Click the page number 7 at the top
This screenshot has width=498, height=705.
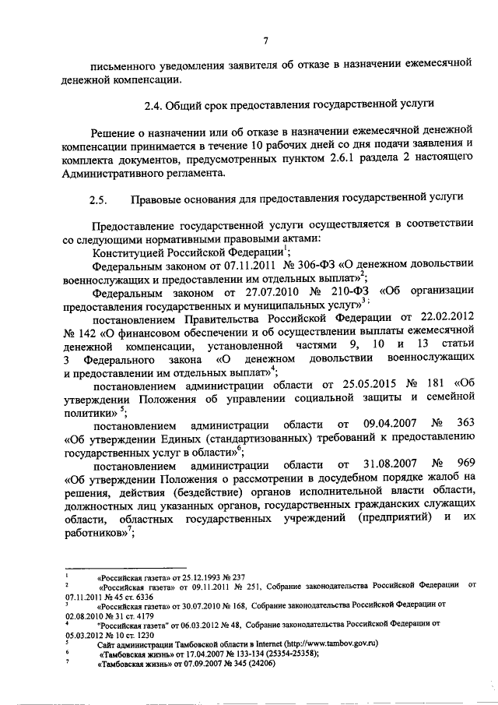(x=265, y=41)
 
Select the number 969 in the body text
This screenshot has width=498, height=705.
(x=465, y=464)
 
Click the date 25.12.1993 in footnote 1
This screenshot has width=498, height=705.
(x=195, y=578)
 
